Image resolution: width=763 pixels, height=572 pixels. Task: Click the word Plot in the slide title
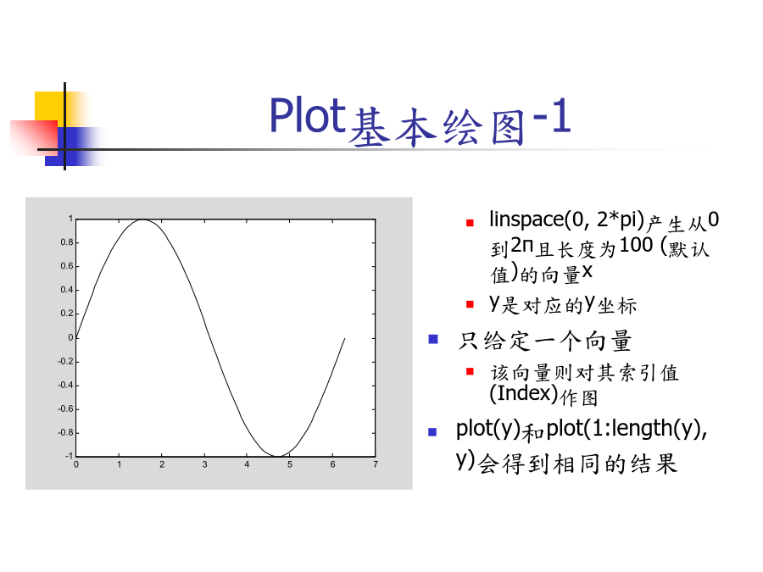[x=308, y=115]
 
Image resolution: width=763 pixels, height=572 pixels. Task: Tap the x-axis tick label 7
[x=376, y=464]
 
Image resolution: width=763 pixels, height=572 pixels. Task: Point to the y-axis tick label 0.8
[x=67, y=242]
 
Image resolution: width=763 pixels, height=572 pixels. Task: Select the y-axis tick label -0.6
[x=65, y=409]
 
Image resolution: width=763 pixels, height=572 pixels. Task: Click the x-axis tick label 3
[x=205, y=464]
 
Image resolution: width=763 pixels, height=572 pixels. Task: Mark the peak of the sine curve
[x=142, y=219]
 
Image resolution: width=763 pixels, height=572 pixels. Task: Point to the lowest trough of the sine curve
[x=277, y=456]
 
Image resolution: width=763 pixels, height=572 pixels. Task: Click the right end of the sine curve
[x=344, y=338]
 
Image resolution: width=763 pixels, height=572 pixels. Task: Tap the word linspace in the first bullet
[x=526, y=219]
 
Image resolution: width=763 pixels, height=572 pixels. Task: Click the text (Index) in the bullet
[x=523, y=393]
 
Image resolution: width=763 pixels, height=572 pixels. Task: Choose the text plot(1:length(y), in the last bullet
[x=627, y=429]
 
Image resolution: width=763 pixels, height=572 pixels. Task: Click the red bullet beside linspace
[x=470, y=223]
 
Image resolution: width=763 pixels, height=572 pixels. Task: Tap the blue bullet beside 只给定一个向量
[x=433, y=339]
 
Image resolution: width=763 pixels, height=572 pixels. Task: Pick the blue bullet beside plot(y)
[x=432, y=432]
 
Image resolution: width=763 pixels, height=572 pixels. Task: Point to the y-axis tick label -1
[x=70, y=456]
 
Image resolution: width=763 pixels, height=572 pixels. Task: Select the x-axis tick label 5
[x=290, y=464]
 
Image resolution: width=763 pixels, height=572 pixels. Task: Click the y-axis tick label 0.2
[x=67, y=314]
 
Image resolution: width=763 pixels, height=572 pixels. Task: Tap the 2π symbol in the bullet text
[x=522, y=245]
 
